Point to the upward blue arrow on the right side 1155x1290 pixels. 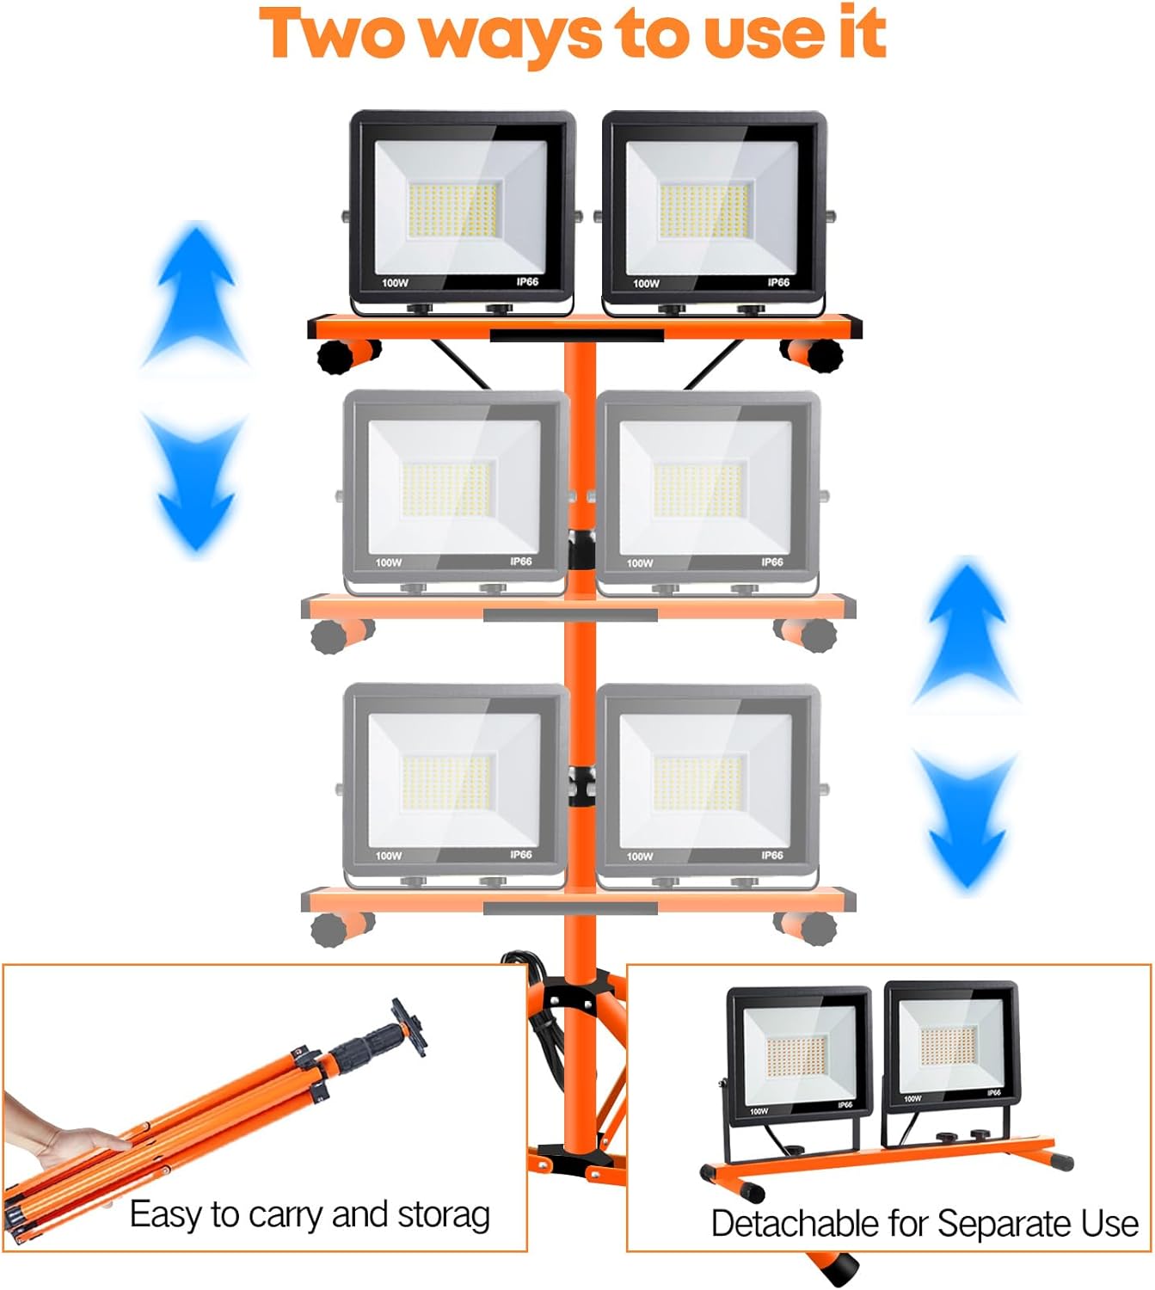(x=968, y=632)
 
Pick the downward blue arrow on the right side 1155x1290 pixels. (x=967, y=817)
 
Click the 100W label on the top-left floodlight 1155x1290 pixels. (x=395, y=283)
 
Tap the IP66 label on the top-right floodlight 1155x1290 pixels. (x=778, y=282)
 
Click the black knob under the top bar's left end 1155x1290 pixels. (x=337, y=356)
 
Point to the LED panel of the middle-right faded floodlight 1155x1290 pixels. (x=697, y=490)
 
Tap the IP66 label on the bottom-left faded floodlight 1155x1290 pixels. (x=520, y=855)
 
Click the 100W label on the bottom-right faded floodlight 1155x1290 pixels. (x=640, y=857)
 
